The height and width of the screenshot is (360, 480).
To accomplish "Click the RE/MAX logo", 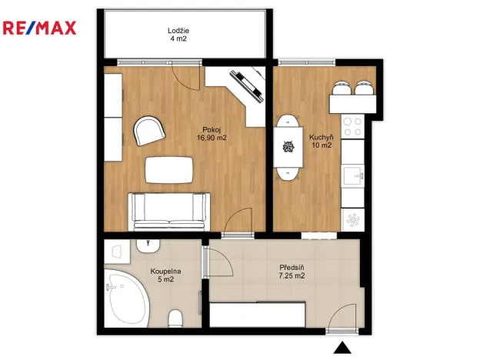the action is pyautogui.click(x=39, y=28).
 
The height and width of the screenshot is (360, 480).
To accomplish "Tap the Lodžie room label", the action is pyautogui.click(x=178, y=31).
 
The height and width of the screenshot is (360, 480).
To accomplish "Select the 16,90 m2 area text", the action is pyautogui.click(x=212, y=138).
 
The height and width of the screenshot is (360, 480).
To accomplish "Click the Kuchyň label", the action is pyautogui.click(x=322, y=137).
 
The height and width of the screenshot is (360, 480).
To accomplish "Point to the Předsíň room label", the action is pyautogui.click(x=292, y=268).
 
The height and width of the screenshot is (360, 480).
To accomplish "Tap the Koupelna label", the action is pyautogui.click(x=165, y=272).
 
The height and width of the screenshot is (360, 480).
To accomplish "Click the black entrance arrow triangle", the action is pyautogui.click(x=342, y=348).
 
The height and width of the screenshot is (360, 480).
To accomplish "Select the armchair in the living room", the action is pyautogui.click(x=149, y=131).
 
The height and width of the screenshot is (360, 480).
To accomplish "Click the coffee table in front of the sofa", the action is pyautogui.click(x=169, y=170).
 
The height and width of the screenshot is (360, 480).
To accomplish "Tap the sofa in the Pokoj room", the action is pyautogui.click(x=169, y=212).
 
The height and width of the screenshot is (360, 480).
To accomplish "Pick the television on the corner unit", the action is pyautogui.click(x=247, y=85).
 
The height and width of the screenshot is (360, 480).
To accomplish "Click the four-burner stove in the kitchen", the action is pyautogui.click(x=352, y=127).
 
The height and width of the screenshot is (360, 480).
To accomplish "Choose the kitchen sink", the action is pyautogui.click(x=354, y=176).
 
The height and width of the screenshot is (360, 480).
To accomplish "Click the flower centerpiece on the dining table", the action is pyautogui.click(x=288, y=147).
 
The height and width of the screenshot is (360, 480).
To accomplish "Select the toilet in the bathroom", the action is pyautogui.click(x=175, y=318).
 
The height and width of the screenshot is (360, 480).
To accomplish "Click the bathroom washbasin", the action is pyautogui.click(x=148, y=246).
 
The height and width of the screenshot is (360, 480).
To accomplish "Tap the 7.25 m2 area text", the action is pyautogui.click(x=292, y=276).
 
